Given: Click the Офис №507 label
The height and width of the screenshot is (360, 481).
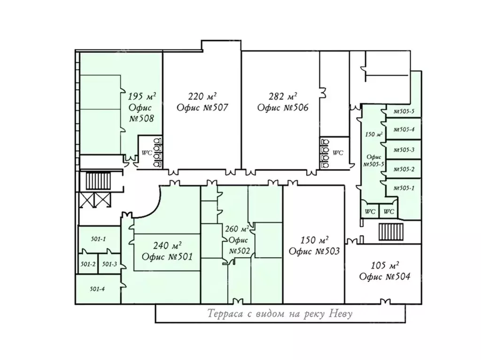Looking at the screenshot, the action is (202, 107).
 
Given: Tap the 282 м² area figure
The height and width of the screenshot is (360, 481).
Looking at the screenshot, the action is (283, 96).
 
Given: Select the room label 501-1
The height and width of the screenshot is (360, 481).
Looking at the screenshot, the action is (98, 239).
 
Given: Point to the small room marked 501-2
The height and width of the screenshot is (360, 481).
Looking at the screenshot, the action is (88, 264).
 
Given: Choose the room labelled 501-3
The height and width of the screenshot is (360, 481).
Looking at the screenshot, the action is (109, 264).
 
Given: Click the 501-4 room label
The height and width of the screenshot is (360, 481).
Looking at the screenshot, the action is (97, 289).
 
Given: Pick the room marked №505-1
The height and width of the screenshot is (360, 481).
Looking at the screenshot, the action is (404, 188).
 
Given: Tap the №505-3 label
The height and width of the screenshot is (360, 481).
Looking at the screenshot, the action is (404, 150).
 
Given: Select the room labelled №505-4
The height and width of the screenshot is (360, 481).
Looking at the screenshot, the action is (404, 130).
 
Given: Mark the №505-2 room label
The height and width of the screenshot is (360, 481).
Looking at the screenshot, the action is (404, 169).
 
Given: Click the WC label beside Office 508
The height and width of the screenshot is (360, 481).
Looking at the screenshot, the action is (147, 153).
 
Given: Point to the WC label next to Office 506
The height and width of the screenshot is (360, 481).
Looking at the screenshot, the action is (338, 153).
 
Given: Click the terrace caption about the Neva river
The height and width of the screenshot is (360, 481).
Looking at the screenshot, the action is (280, 314).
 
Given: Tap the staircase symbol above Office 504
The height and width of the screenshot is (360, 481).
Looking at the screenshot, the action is (391, 232).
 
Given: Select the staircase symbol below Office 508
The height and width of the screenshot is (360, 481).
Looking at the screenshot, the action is (98, 181).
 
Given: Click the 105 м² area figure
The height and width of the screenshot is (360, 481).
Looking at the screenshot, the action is (385, 265).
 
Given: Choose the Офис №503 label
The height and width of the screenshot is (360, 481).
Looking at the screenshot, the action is (314, 252).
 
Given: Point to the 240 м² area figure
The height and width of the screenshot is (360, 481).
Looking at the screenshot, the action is (167, 245).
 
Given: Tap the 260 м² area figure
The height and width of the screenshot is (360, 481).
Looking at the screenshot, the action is (237, 229).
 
